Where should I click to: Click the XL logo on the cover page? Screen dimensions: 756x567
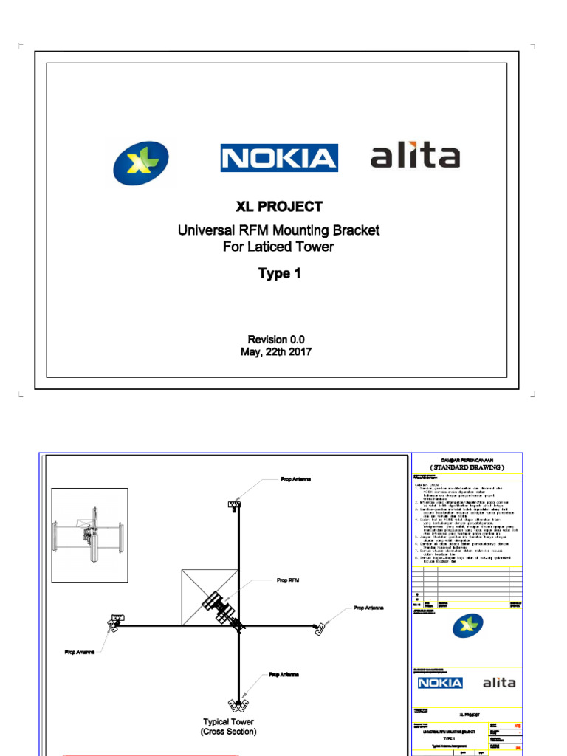(x=141, y=162)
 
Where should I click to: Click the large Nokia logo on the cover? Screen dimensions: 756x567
(x=278, y=158)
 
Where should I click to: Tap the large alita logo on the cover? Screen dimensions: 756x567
(x=415, y=157)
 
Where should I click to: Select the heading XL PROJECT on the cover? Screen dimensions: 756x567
(x=278, y=207)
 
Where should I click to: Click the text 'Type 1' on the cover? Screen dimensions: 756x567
(x=279, y=274)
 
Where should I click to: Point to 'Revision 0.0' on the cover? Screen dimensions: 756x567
(x=276, y=339)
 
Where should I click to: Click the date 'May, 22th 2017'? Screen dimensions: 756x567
(x=276, y=352)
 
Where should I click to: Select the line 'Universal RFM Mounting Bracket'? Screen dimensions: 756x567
(x=278, y=230)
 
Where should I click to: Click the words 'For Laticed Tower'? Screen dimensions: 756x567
(x=278, y=247)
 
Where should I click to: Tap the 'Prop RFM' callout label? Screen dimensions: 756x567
(x=289, y=581)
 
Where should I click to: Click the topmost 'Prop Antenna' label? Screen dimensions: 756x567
(x=295, y=479)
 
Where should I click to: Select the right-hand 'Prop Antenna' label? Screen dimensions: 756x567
(x=369, y=608)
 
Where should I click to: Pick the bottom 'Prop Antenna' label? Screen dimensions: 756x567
(x=283, y=675)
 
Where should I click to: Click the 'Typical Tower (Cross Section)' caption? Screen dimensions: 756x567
(x=228, y=726)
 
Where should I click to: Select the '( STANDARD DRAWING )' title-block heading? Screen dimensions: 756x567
(x=467, y=467)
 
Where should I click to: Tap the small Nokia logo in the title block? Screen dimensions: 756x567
(x=440, y=683)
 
